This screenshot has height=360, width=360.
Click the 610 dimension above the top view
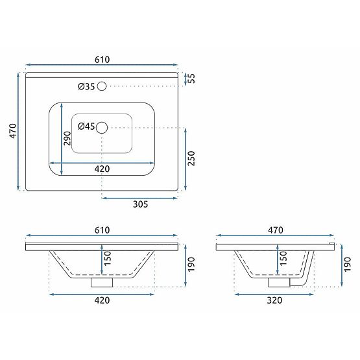click(102, 59)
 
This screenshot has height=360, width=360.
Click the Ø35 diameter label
click(86, 86)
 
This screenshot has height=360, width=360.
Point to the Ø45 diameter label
click(86, 126)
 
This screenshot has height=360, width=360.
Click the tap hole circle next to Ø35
click(101, 86)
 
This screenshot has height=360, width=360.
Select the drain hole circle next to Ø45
click(101, 128)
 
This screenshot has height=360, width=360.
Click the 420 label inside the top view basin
click(102, 169)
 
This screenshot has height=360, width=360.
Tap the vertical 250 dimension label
click(191, 158)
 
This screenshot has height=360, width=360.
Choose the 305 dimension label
click(141, 204)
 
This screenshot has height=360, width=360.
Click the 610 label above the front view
click(102, 230)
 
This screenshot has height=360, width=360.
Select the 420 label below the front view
click(102, 300)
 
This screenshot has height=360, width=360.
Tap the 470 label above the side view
click(276, 230)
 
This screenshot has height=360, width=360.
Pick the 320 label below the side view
click(276, 300)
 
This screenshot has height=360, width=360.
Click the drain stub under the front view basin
click(101, 282)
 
